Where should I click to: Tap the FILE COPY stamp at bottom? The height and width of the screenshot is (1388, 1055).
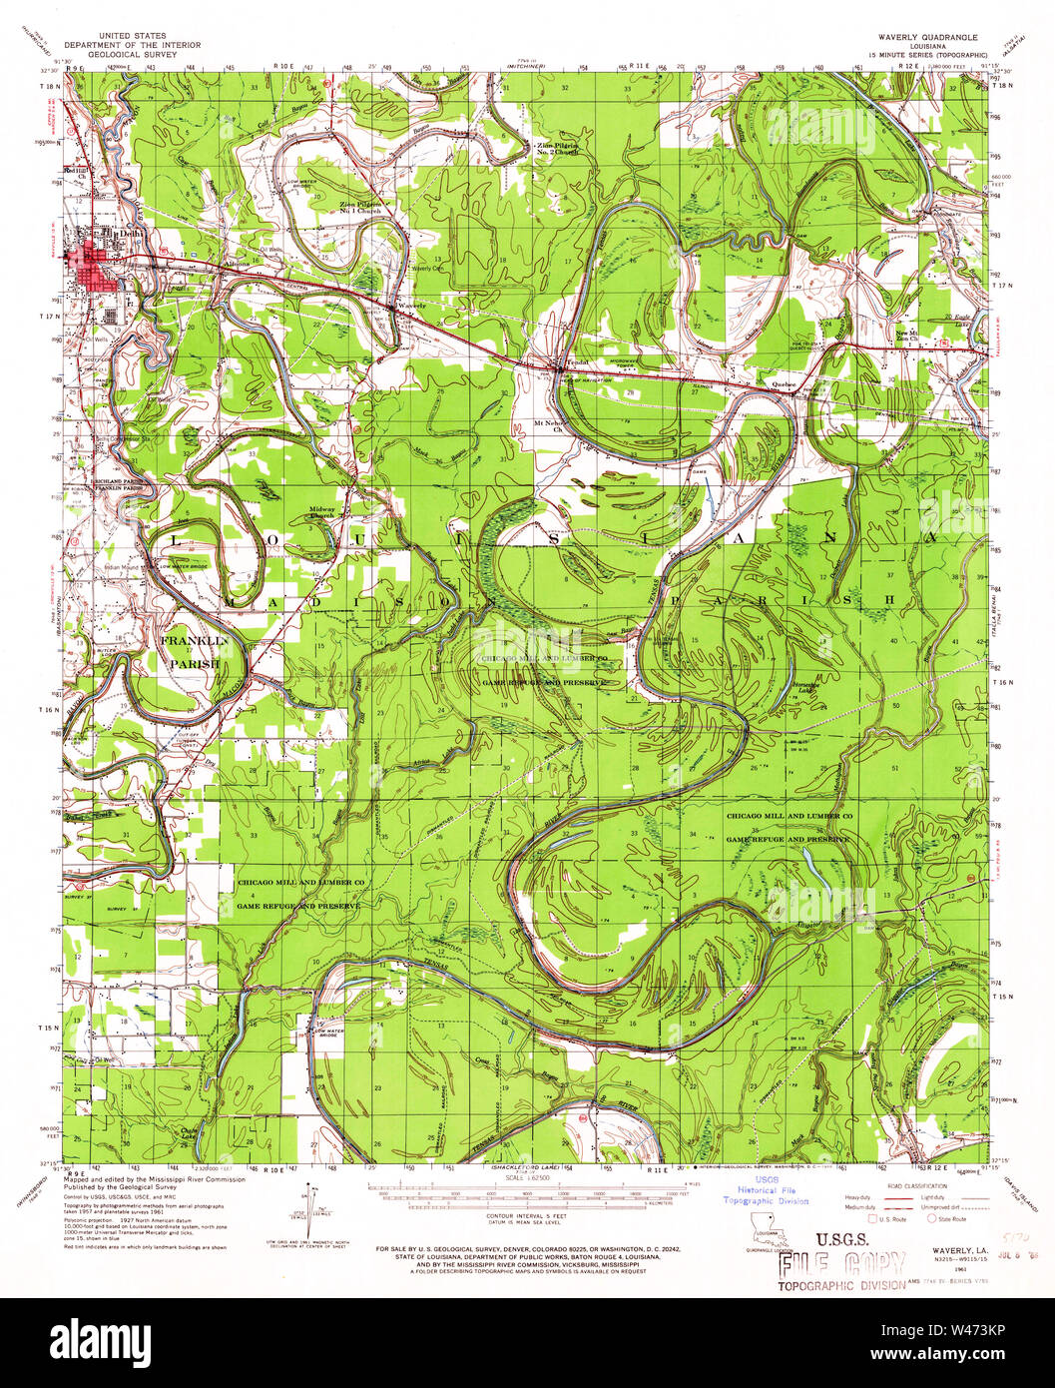click(x=840, y=1264)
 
